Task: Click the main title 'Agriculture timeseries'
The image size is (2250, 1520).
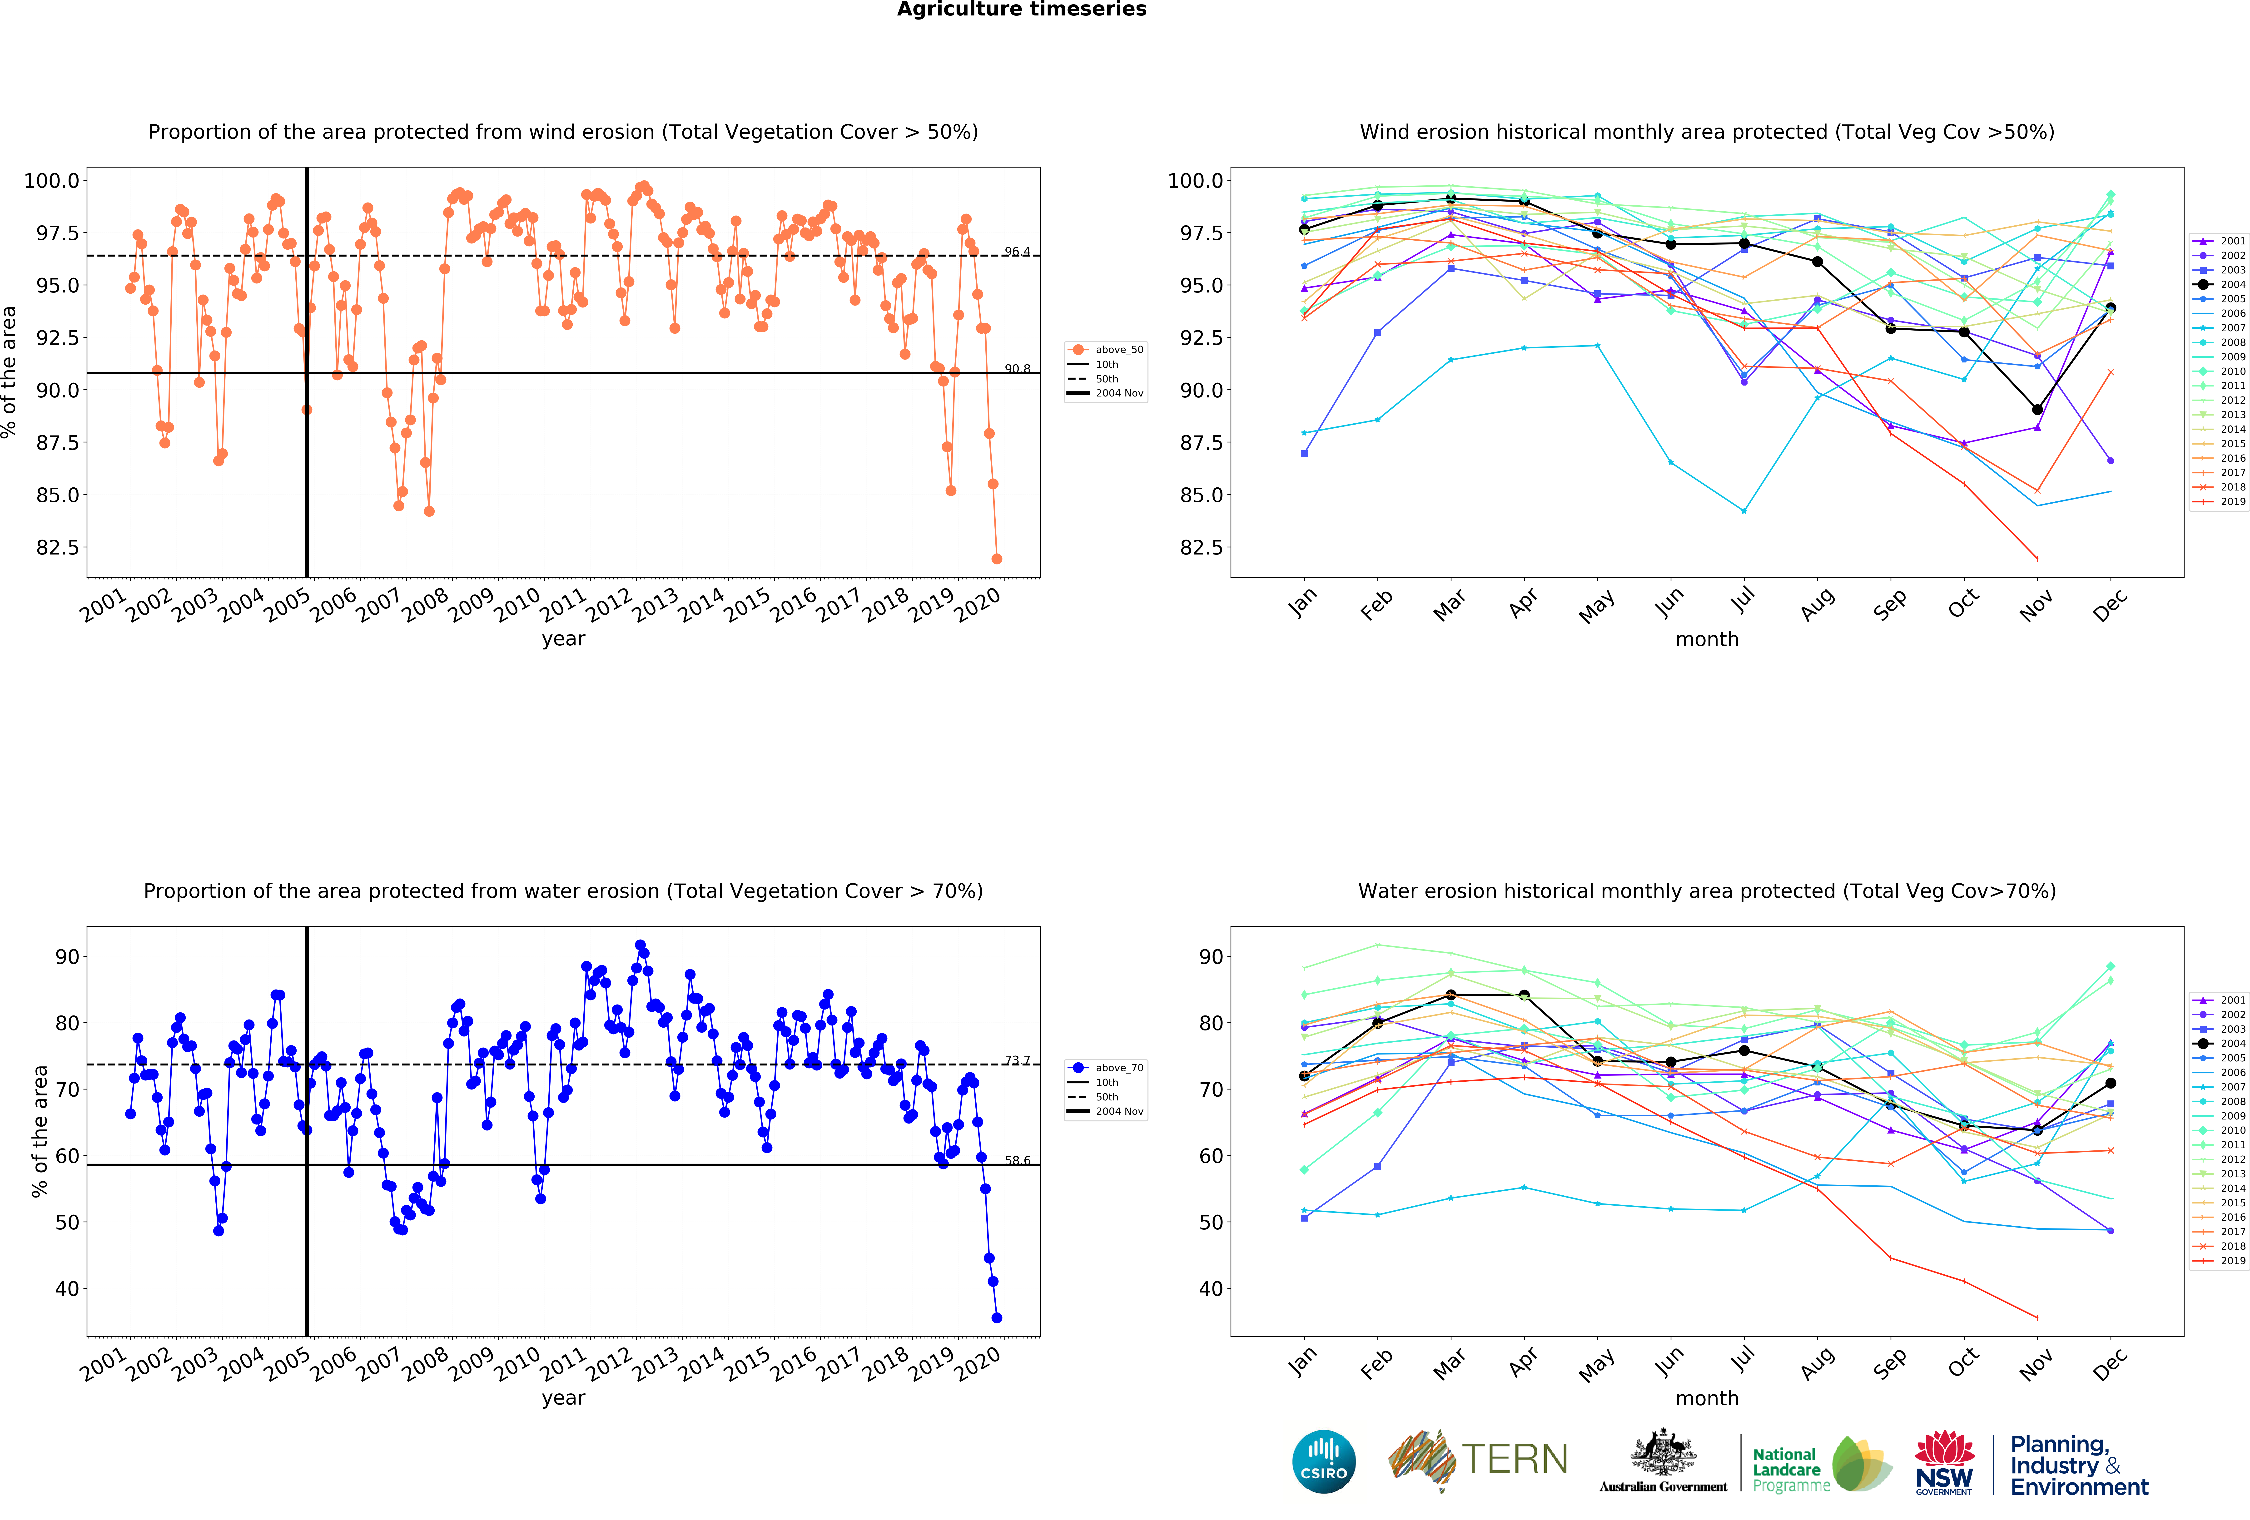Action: [x=1021, y=10]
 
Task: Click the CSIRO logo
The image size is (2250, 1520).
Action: [x=1323, y=1461]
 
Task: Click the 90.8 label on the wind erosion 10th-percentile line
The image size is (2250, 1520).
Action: [x=1017, y=369]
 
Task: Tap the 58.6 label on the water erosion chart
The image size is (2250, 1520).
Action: [x=1017, y=1160]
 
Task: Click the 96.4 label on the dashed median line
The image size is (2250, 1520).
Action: [x=1017, y=252]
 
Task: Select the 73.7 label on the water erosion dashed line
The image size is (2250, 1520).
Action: [x=1017, y=1060]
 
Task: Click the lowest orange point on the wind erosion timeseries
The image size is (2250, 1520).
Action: [x=996, y=559]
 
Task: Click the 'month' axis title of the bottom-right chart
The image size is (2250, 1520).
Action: [x=1707, y=1398]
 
